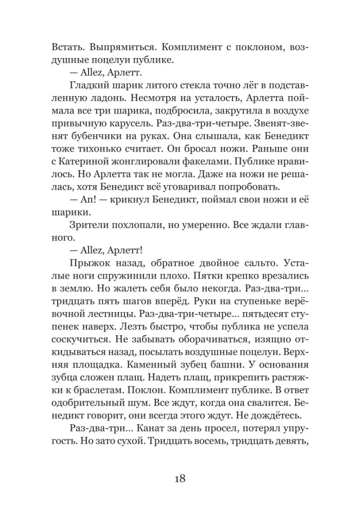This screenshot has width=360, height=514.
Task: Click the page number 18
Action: [179, 479]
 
